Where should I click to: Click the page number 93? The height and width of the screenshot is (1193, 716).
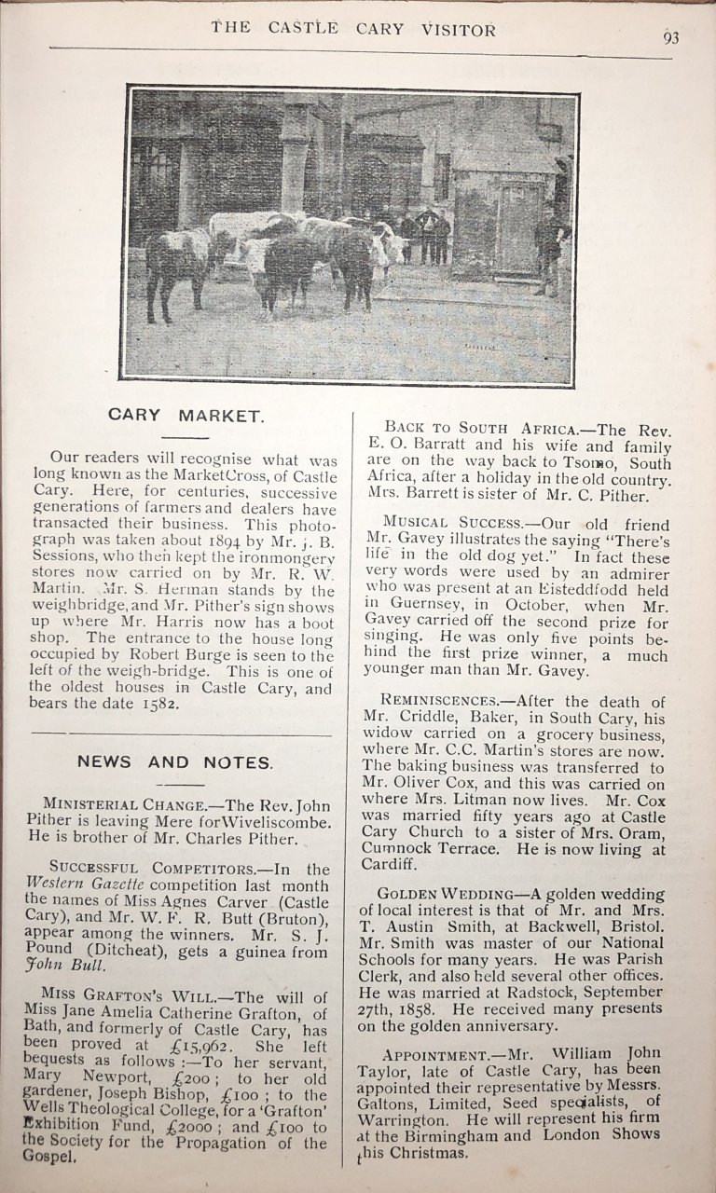[x=670, y=37]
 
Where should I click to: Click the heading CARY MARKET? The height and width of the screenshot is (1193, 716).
[x=186, y=415]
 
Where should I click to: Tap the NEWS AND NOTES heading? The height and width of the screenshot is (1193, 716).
[x=175, y=762]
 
